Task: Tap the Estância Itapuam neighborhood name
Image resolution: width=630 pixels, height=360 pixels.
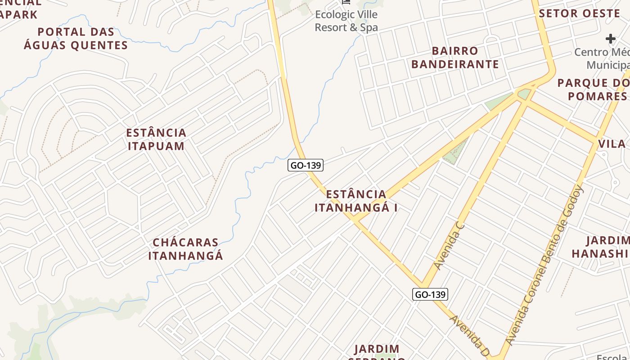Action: coord(156,139)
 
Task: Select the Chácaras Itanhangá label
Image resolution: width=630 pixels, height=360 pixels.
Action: coord(185,249)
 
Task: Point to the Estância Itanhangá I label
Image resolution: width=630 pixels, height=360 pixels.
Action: coord(356,201)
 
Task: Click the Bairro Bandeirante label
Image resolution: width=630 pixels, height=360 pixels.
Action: coord(455,57)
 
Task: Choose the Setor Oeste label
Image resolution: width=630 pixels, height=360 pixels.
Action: coord(580,13)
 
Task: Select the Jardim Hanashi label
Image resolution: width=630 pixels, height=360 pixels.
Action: coord(601,247)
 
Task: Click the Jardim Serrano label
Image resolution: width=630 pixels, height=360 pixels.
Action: coord(377,351)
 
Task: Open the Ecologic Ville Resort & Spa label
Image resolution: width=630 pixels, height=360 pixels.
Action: coord(346,21)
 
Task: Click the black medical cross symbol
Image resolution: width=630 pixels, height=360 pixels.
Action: coord(610,39)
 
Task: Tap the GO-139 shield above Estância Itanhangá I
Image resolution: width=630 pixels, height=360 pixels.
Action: coord(306,165)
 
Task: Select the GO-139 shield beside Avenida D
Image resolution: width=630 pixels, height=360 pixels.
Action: coord(430,294)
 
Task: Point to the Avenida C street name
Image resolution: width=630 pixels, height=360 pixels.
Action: coord(449,245)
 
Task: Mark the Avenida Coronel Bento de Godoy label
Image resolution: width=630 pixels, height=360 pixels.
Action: coord(545,265)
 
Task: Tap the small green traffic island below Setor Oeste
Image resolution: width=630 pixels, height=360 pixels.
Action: coord(524,94)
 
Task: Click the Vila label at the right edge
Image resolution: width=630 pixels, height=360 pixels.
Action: coord(612,144)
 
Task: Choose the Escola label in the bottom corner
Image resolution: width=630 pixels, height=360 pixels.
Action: coord(612,357)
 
